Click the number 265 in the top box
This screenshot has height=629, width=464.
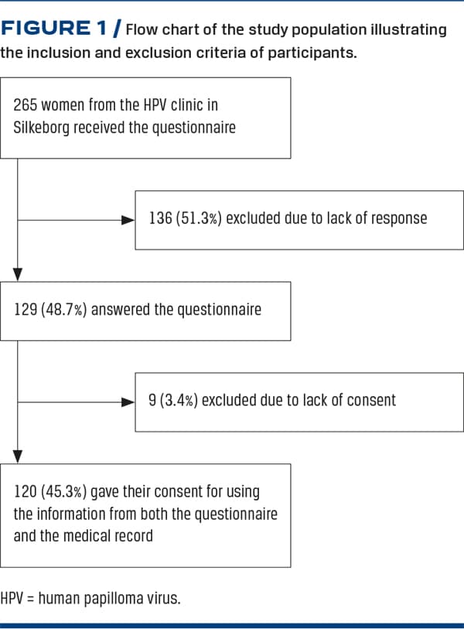click(x=25, y=105)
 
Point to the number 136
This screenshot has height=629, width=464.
click(x=160, y=218)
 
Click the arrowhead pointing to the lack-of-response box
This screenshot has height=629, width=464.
click(x=128, y=220)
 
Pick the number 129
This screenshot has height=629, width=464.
click(x=26, y=309)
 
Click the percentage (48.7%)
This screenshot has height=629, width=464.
click(x=63, y=309)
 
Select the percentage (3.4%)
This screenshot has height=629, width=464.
click(x=179, y=400)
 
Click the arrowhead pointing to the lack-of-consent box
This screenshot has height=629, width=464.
click(x=128, y=402)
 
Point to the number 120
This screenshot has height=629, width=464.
click(x=26, y=492)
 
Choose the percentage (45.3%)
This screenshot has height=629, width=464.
click(x=63, y=492)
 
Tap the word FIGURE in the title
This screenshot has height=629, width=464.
click(x=46, y=28)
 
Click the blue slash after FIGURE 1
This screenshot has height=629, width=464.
click(x=117, y=29)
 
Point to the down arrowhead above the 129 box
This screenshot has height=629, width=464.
click(x=18, y=275)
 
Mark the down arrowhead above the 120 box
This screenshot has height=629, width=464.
click(x=18, y=456)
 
